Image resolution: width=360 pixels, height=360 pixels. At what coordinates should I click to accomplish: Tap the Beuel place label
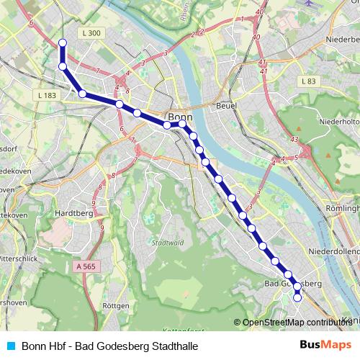[x=227, y=105]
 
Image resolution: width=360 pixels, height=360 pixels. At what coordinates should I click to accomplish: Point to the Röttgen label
[x=116, y=306]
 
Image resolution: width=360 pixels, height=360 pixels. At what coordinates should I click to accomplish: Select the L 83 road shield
[x=307, y=81]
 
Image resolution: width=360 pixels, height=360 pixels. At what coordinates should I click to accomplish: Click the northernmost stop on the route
[x=63, y=43]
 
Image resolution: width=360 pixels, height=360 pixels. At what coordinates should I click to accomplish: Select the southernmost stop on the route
[x=297, y=297]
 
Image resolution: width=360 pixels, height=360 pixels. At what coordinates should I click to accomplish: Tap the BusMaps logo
[x=325, y=345]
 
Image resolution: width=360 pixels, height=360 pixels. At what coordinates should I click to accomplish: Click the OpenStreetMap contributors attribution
[x=295, y=322]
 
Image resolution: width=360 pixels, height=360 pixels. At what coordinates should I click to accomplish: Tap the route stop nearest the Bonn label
[x=183, y=124]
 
